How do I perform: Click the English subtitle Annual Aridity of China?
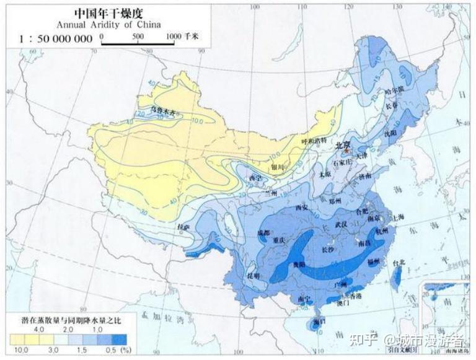(x=108, y=25)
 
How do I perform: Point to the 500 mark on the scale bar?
(x=138, y=37)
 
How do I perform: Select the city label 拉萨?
(x=183, y=227)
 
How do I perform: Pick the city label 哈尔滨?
(x=394, y=90)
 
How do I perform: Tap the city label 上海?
(x=397, y=217)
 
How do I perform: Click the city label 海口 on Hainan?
(x=320, y=322)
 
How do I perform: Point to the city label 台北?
(x=400, y=263)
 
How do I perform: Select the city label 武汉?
(x=340, y=224)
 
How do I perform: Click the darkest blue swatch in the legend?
(x=119, y=340)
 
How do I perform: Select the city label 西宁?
(x=255, y=178)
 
